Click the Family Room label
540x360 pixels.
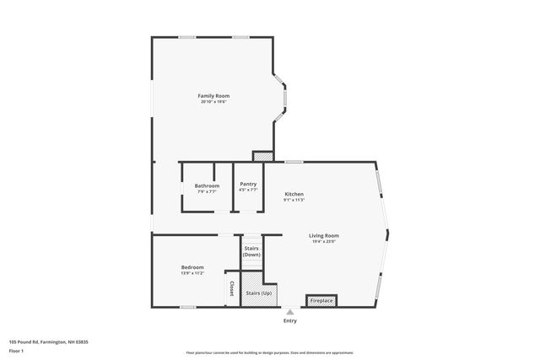[x=213, y=95]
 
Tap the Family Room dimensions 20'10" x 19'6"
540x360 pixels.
[x=213, y=102]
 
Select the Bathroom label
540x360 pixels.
[x=207, y=185]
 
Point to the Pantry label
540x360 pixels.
[x=248, y=184]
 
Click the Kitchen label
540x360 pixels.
[x=294, y=194]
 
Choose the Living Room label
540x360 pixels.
[x=324, y=235]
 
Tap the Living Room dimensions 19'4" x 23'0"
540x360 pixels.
[x=324, y=242]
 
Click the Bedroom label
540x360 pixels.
[x=192, y=267]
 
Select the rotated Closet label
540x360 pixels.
[x=231, y=289]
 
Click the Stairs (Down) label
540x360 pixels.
[x=251, y=251]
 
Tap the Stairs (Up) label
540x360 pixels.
[x=258, y=293]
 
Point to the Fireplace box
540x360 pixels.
[x=321, y=300]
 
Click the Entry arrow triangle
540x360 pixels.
[x=290, y=312]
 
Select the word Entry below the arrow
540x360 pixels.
[x=290, y=320]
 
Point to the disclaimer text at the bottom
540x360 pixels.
[x=269, y=352]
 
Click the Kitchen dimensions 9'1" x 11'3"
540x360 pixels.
[x=294, y=201]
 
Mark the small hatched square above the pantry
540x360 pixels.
[x=263, y=156]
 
